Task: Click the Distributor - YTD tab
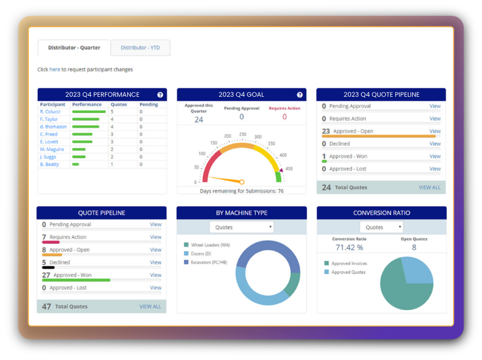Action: pyautogui.click(x=140, y=48)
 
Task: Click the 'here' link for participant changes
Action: pyautogui.click(x=55, y=70)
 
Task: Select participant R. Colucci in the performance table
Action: pyautogui.click(x=50, y=112)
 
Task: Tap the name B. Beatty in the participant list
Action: pyautogui.click(x=49, y=164)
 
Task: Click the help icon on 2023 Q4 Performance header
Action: pyautogui.click(x=160, y=95)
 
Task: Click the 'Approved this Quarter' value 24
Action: pyautogui.click(x=199, y=119)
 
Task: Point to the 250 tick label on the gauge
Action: pyautogui.click(x=242, y=134)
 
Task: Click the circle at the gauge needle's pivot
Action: pyautogui.click(x=242, y=182)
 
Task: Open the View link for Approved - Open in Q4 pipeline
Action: pyautogui.click(x=435, y=131)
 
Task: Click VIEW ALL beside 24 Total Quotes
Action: pyautogui.click(x=430, y=188)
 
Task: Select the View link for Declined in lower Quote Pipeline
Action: pyautogui.click(x=156, y=263)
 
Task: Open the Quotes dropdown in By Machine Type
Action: pyautogui.click(x=241, y=228)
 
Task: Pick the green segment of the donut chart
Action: pyautogui.click(x=292, y=284)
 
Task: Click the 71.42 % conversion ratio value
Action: pyautogui.click(x=349, y=248)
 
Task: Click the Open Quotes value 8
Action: pyautogui.click(x=414, y=248)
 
